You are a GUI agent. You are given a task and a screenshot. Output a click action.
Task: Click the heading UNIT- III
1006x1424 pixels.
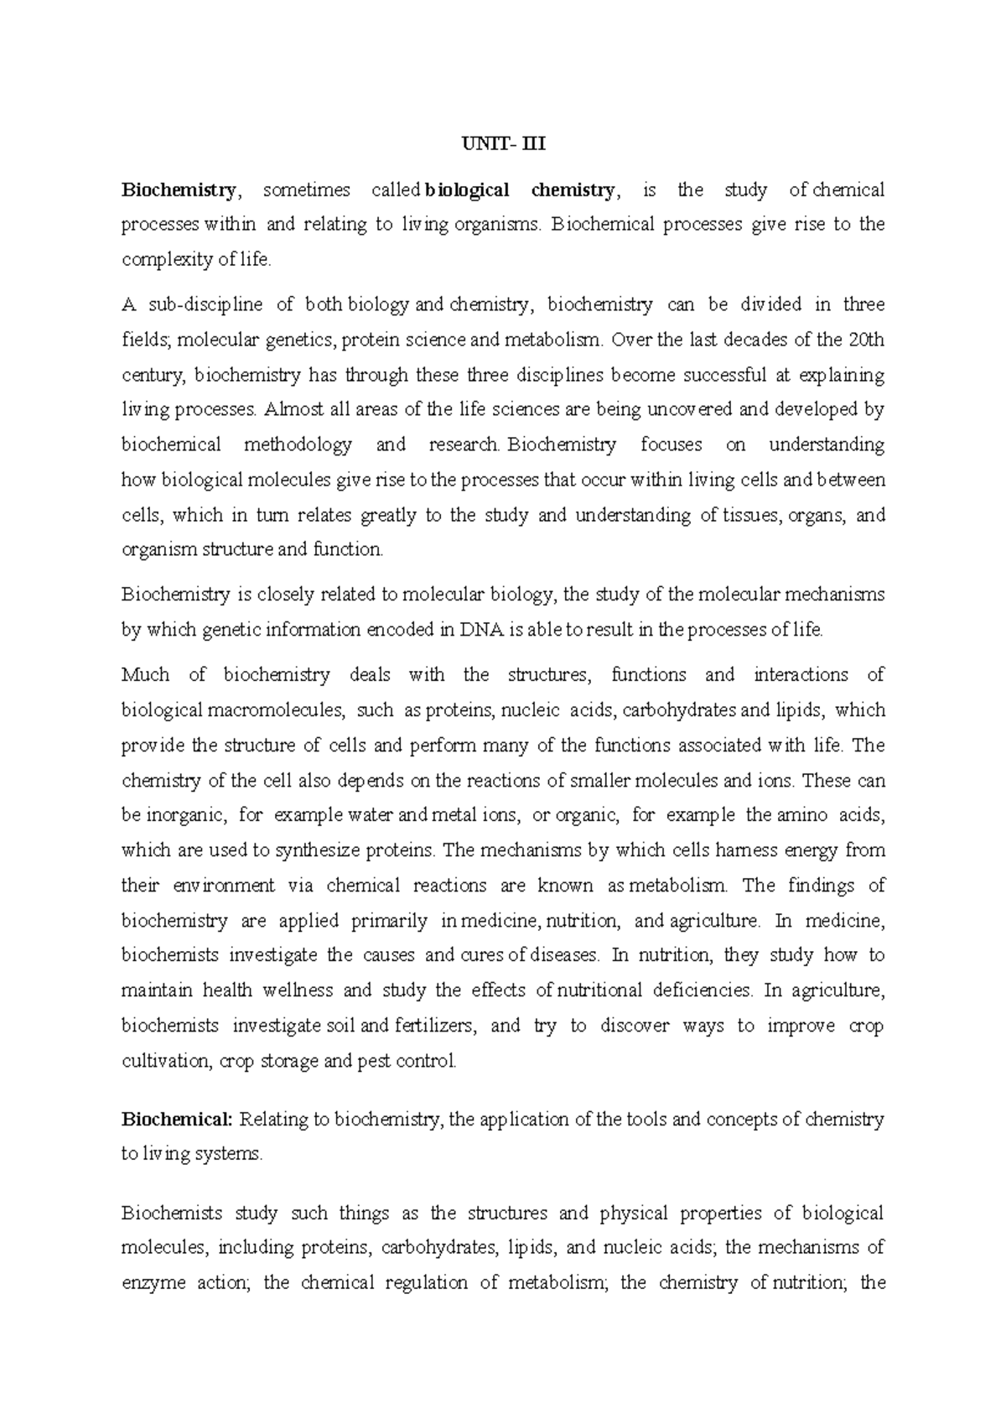[x=503, y=143]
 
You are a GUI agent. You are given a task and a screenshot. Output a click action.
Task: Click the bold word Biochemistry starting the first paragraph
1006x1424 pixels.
[x=179, y=190]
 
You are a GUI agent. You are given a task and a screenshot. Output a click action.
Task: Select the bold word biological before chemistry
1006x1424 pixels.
[x=467, y=190]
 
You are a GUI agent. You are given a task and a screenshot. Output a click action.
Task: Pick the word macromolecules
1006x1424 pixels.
[x=275, y=710]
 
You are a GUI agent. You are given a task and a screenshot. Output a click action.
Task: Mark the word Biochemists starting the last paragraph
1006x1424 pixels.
[x=172, y=1213]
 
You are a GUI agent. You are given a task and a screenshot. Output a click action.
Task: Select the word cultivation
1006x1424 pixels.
[x=165, y=1061]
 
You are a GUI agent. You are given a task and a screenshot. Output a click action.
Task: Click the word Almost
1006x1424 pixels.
[x=291, y=410]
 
